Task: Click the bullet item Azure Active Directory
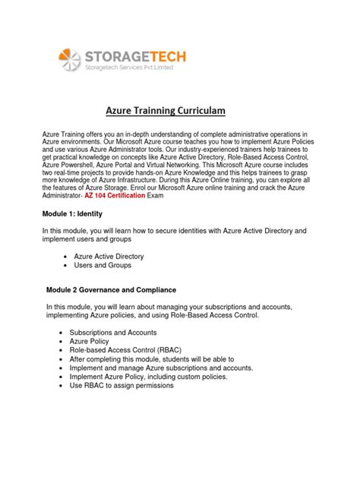pyautogui.click(x=109, y=257)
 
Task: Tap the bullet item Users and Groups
pyautogui.click(x=102, y=266)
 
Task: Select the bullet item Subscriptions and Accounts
pyautogui.click(x=114, y=333)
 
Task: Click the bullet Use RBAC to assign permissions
pyautogui.click(x=122, y=385)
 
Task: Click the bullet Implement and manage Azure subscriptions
pyautogui.click(x=159, y=365)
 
